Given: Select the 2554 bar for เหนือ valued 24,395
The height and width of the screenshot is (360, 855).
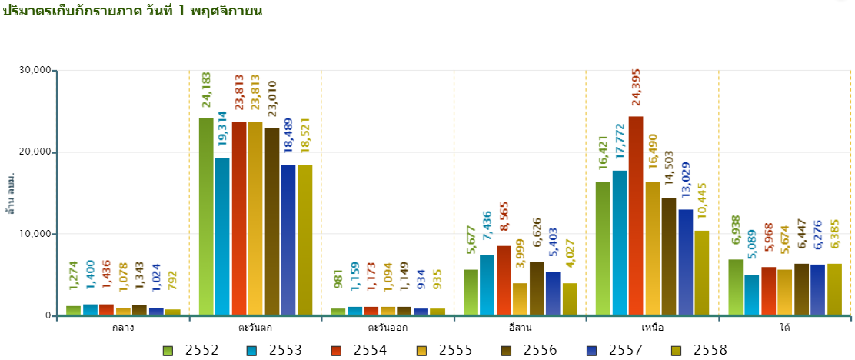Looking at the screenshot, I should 636,215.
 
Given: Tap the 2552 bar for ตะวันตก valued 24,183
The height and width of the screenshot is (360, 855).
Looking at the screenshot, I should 206,216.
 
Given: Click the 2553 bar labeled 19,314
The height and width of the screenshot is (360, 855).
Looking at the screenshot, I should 222,236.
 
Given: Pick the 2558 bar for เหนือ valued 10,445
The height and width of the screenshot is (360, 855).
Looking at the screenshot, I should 702,272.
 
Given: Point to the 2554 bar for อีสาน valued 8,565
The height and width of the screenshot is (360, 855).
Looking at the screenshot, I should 504,280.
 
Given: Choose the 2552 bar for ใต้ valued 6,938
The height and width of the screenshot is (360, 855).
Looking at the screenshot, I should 736,287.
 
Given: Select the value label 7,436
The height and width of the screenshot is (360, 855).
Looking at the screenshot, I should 487,230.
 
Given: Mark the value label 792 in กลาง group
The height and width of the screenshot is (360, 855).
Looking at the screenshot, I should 173,285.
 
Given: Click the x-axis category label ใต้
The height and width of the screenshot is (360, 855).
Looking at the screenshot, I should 784,328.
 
